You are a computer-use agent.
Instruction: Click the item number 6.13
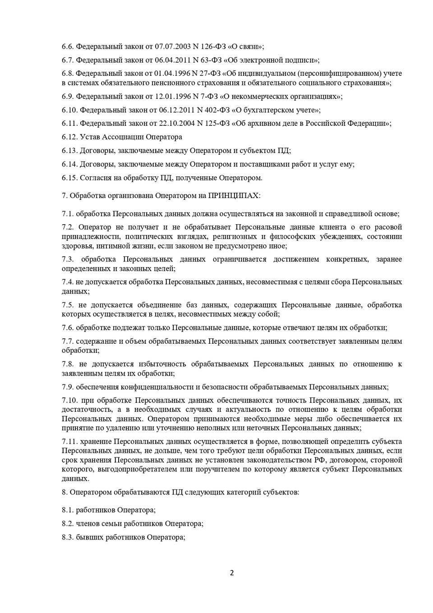point(70,151)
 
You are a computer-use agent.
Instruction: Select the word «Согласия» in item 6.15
point(94,178)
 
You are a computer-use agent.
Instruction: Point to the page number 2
point(232,573)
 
